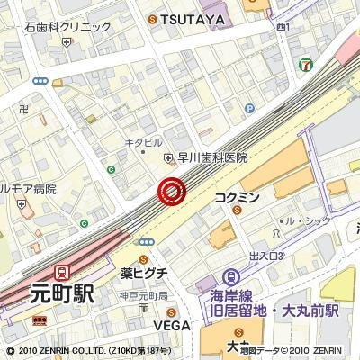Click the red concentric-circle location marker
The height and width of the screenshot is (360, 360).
[171, 191]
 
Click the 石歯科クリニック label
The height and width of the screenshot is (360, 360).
[60, 26]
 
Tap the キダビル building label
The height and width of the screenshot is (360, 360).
[145, 141]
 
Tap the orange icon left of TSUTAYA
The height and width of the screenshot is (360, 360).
[153, 18]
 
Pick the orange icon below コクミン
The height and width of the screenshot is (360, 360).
[237, 210]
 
